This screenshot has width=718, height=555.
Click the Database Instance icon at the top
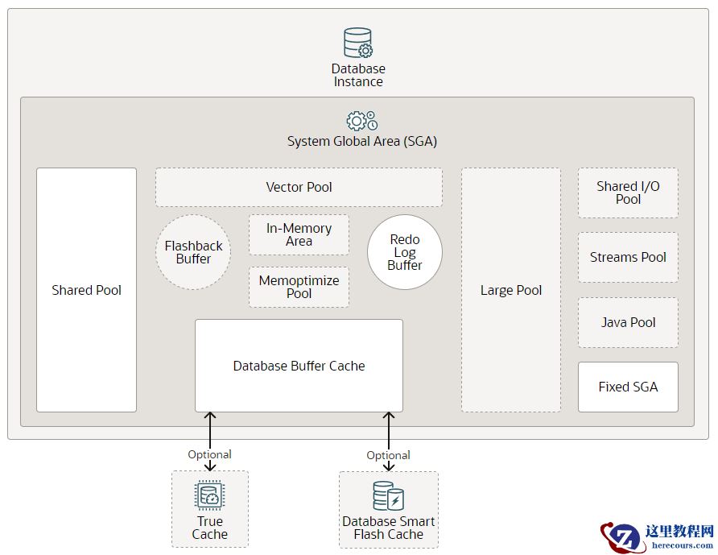pyautogui.click(x=358, y=43)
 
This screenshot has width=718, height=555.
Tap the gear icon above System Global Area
pyautogui.click(x=361, y=121)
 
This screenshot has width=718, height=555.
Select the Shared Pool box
pyautogui.click(x=86, y=290)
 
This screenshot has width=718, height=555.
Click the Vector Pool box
pyautogui.click(x=299, y=187)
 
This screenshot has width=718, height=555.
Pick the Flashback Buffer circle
pyautogui.click(x=193, y=252)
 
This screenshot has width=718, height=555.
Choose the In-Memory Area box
pyautogui.click(x=299, y=234)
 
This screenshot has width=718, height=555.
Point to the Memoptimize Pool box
pyautogui.click(x=299, y=287)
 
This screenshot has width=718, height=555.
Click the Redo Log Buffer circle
pyautogui.click(x=404, y=252)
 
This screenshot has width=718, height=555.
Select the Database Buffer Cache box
pyautogui.click(x=299, y=366)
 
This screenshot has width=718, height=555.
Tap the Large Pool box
pyautogui.click(x=511, y=290)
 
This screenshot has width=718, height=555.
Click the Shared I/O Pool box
pyautogui.click(x=628, y=193)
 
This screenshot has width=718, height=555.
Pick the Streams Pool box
pyautogui.click(x=628, y=258)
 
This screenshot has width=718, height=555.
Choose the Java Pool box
pyautogui.click(x=628, y=322)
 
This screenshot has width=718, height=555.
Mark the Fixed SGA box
pyautogui.click(x=628, y=387)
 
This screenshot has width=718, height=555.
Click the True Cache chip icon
pyautogui.click(x=209, y=496)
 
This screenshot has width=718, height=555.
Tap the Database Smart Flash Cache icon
pyautogui.click(x=388, y=496)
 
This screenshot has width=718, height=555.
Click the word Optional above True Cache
pyautogui.click(x=209, y=454)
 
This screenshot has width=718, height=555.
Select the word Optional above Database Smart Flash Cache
pyautogui.click(x=388, y=455)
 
